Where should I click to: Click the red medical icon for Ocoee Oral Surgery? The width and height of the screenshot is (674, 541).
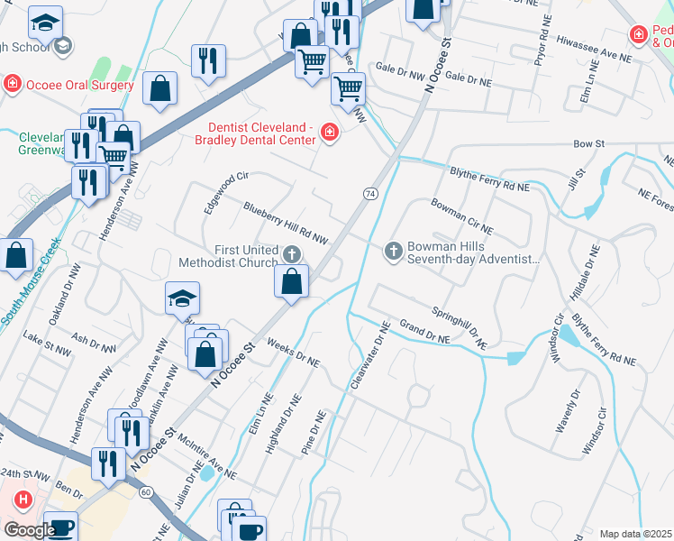click(13, 85)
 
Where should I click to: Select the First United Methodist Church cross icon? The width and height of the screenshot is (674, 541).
click(291, 254)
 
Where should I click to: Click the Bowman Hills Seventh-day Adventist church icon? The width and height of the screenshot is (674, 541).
click(393, 251)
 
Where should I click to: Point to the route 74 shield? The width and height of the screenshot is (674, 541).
click(370, 194)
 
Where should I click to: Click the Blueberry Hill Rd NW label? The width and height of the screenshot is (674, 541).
click(285, 223)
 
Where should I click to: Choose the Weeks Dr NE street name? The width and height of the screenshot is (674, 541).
click(294, 353)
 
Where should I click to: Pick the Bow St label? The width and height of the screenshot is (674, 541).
click(587, 143)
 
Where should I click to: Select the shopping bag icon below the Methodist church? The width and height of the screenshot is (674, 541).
click(292, 283)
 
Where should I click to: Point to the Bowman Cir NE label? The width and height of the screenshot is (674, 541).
click(462, 216)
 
